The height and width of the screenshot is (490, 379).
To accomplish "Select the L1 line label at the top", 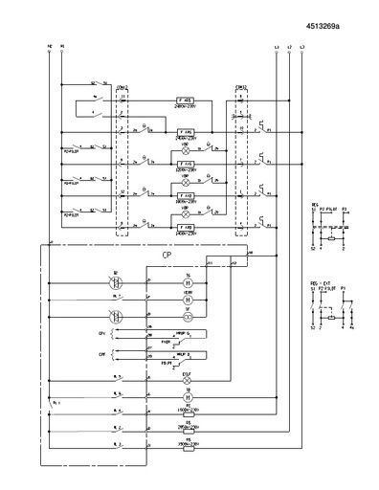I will (x=277, y=45).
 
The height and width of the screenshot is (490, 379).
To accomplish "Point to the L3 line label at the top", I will (x=302, y=45).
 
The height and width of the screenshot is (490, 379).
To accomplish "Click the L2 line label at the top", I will (x=289, y=45).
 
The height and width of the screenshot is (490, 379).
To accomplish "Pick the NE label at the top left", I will (x=50, y=45).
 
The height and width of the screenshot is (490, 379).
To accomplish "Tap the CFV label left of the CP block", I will (x=104, y=334).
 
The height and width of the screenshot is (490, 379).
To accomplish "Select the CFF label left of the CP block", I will (x=104, y=353).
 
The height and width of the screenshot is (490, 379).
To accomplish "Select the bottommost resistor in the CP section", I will (x=189, y=446).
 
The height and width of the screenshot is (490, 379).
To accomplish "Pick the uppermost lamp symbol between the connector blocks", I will (x=188, y=150).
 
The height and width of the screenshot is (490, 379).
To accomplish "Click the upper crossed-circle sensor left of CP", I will (x=116, y=283).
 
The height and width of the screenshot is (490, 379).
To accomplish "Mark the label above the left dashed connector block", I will (x=122, y=86).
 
